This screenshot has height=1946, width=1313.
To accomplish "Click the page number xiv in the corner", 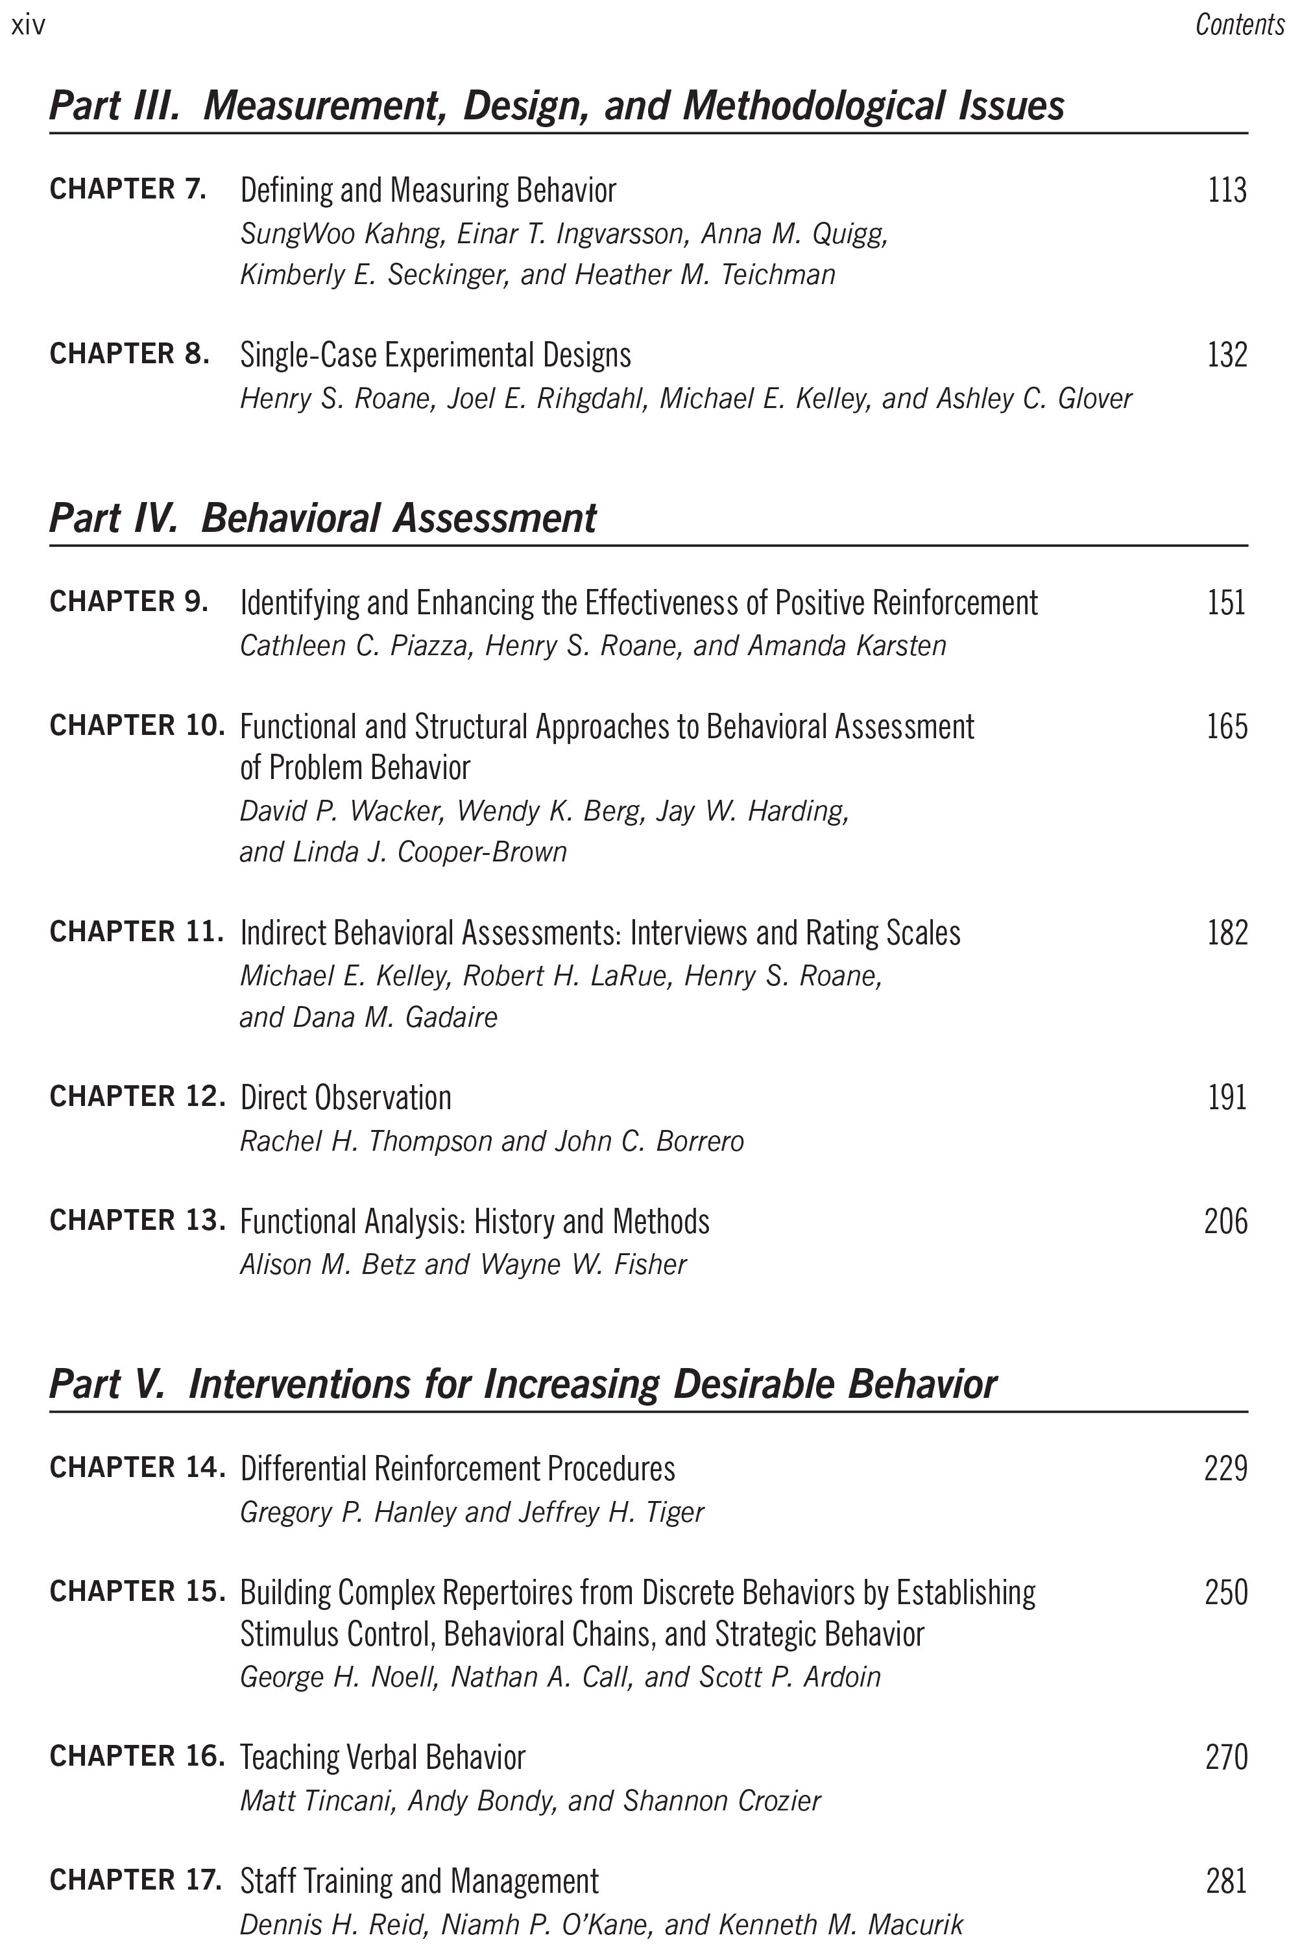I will (x=28, y=26).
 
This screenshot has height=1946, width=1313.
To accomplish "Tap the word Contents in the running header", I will (x=1239, y=25).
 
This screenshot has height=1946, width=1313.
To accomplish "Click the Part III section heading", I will (x=556, y=106).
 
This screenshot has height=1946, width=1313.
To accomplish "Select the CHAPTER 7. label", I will (x=128, y=189).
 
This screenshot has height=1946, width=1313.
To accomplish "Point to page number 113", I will (x=1227, y=191).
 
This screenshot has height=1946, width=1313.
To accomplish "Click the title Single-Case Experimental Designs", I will (x=435, y=355).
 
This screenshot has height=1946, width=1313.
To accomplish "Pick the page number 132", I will (x=1227, y=355).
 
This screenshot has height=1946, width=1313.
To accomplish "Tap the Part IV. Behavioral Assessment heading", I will (x=322, y=518).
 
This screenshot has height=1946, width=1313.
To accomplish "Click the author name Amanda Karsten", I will (x=847, y=645).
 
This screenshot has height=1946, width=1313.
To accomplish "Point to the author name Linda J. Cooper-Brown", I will (x=429, y=852).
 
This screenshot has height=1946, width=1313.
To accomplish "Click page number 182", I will (x=1227, y=933).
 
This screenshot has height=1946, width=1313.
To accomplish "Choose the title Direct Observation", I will (x=346, y=1098).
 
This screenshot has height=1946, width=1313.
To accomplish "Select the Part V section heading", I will (x=522, y=1384).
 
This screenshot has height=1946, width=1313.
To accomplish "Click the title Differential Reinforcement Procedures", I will (x=457, y=1469).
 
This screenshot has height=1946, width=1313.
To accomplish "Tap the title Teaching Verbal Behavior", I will (x=383, y=1757).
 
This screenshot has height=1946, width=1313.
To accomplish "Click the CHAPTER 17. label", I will (x=136, y=1880).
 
